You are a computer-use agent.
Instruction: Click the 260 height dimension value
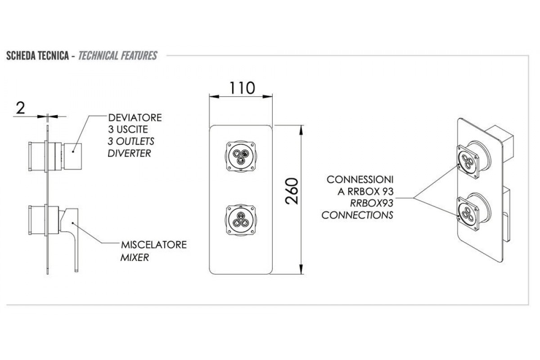[x=292, y=191]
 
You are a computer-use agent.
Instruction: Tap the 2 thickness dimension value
[x=20, y=108]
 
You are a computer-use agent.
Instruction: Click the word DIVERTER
[x=129, y=153]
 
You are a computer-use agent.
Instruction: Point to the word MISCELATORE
[x=153, y=246]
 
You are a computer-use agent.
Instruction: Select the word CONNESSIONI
[x=360, y=180]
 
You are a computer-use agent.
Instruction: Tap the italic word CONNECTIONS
[x=357, y=215]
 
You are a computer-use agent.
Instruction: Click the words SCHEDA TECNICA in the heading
[x=37, y=56]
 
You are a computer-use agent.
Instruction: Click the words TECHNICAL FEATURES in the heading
[x=117, y=56]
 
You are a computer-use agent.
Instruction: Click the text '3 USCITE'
[x=127, y=130]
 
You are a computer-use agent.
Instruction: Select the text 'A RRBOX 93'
[x=365, y=191]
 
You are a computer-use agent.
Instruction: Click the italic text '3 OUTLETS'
[x=130, y=141]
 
